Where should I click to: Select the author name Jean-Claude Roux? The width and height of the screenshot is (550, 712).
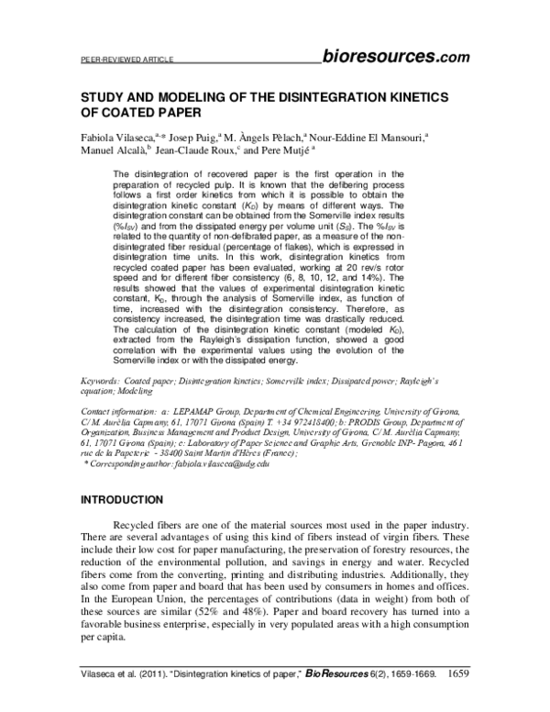tap(195, 153)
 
